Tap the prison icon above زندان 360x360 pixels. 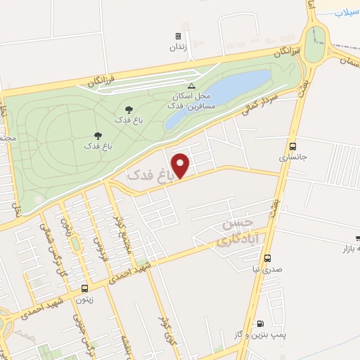coord(178,36)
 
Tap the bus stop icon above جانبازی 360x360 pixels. coord(292,146)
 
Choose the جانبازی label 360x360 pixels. coord(293,158)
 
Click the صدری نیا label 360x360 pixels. coord(267,269)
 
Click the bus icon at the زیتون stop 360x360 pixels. coord(85,288)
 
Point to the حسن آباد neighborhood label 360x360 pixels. coord(238,233)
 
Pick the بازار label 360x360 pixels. coord(351,250)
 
